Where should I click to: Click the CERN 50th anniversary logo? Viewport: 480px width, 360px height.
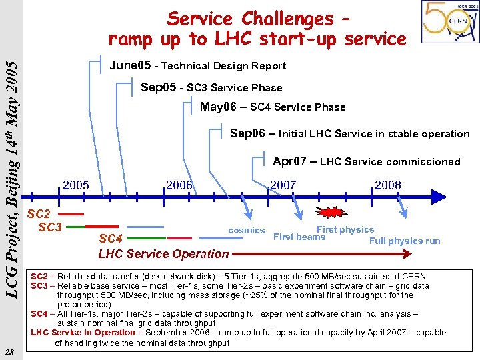(x=449, y=21)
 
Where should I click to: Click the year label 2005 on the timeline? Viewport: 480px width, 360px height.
(x=75, y=185)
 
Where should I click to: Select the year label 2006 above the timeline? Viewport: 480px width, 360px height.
(x=179, y=185)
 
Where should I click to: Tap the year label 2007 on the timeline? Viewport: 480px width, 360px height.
(x=283, y=185)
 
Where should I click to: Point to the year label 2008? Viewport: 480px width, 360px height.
(x=387, y=185)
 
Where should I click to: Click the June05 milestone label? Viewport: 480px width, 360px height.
(x=129, y=65)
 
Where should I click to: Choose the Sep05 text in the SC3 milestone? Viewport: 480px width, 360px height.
(x=161, y=87)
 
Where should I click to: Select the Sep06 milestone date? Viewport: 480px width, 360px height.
(x=250, y=133)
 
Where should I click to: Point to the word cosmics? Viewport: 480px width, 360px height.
(x=246, y=230)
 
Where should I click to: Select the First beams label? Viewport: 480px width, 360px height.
(x=299, y=237)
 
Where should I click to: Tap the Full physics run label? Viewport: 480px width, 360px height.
(x=405, y=241)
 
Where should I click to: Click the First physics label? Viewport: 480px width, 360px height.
(x=345, y=229)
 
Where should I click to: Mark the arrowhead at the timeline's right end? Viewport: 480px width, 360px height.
(x=438, y=197)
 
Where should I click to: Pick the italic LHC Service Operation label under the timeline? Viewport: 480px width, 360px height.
(x=163, y=253)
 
